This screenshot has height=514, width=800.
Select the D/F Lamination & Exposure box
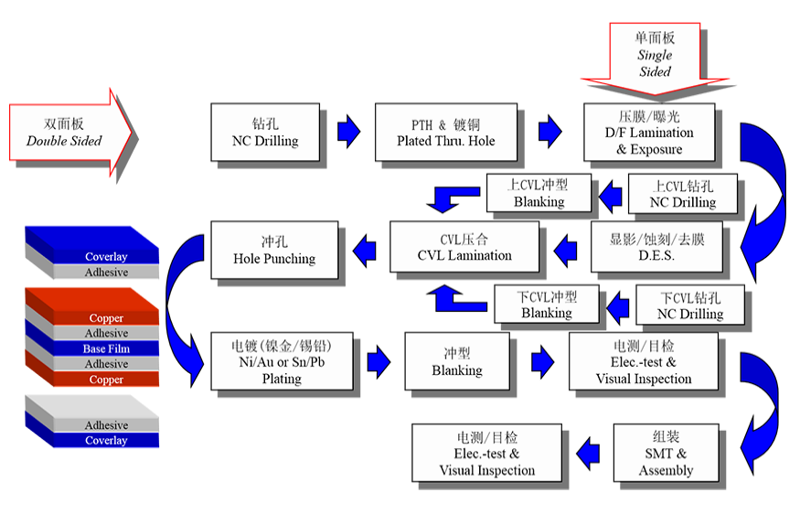648,134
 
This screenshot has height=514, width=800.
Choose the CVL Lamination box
464,247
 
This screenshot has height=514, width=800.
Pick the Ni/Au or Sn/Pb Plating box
282,362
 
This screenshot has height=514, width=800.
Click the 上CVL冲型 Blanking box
539,193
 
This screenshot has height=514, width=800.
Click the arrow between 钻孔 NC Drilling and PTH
348,132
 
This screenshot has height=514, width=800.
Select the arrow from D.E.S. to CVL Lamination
566,247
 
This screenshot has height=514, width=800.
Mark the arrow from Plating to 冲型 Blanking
379,361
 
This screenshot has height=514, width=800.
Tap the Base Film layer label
106,348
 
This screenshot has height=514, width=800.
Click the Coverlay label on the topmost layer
106,257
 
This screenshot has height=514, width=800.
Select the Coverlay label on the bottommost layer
106,441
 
